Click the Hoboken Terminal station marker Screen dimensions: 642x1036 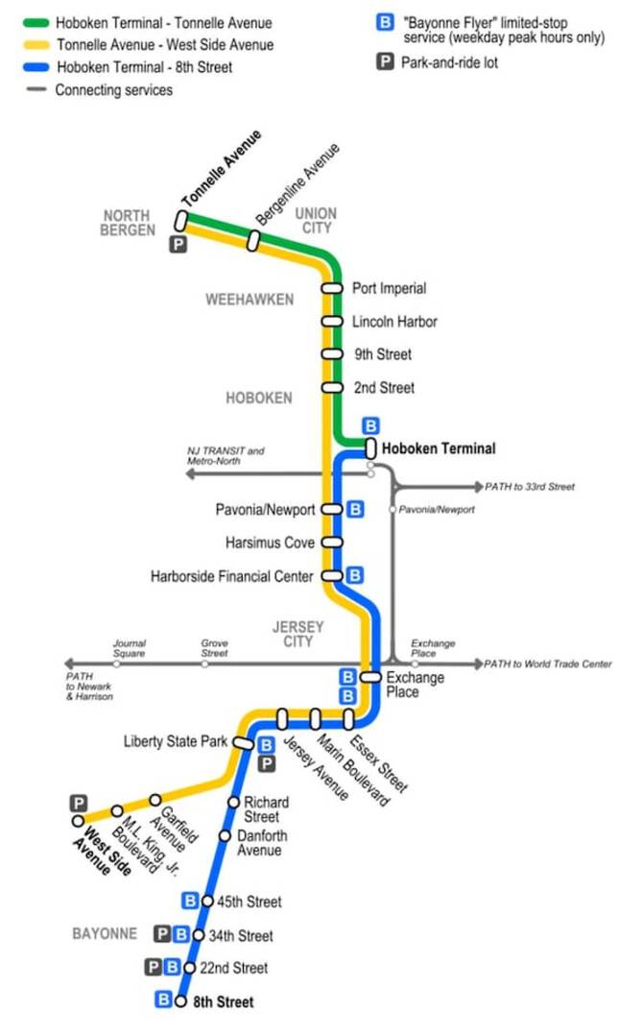(x=370, y=448)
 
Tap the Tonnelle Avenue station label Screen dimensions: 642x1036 (x=222, y=168)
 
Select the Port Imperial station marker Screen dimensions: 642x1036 (x=332, y=288)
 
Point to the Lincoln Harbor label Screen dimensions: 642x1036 (x=394, y=322)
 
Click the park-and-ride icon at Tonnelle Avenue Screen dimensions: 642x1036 (x=178, y=245)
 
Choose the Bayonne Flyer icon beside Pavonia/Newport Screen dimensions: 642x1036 (x=356, y=509)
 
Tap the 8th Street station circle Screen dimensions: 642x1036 (x=180, y=1001)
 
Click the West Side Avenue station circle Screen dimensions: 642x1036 (x=78, y=821)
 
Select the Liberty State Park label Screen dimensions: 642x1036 (x=175, y=741)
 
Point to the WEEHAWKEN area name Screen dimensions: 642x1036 (x=250, y=300)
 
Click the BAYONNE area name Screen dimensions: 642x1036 (x=105, y=933)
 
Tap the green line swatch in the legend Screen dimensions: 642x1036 (x=36, y=23)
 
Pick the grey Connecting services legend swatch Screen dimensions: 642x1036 (x=36, y=89)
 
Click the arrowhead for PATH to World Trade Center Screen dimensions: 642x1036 (x=478, y=663)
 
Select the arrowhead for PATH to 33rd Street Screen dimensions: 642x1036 (x=479, y=487)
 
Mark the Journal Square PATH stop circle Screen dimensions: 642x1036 (x=117, y=663)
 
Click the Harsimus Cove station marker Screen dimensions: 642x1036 (x=332, y=542)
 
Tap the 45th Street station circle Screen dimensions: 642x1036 (x=207, y=902)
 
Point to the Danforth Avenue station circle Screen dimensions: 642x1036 (x=225, y=835)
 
